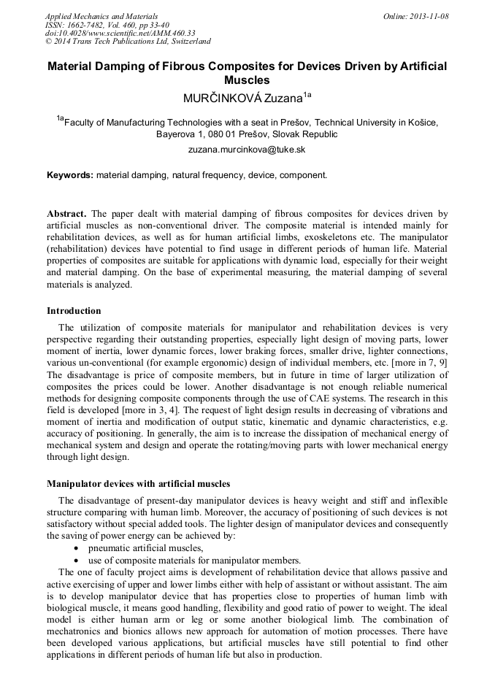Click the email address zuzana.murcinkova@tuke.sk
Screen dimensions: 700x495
click(x=247, y=149)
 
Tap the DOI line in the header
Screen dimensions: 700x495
click(x=120, y=33)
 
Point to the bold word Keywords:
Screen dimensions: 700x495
click(x=70, y=175)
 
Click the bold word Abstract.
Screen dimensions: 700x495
click(x=66, y=214)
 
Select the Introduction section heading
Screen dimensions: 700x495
click(x=74, y=311)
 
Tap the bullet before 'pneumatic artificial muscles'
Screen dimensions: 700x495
click(x=77, y=547)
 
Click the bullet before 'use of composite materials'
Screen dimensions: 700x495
click(x=77, y=560)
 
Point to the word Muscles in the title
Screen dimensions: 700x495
click(x=247, y=80)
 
